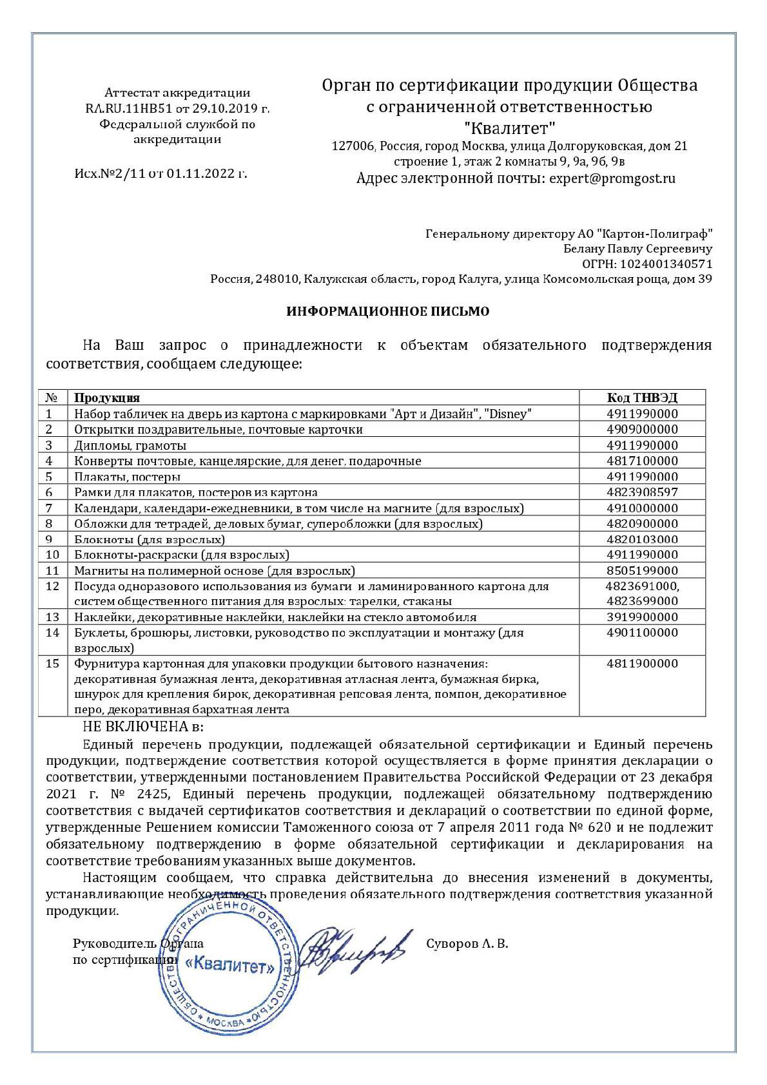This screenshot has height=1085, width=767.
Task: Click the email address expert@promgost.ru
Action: tap(612, 178)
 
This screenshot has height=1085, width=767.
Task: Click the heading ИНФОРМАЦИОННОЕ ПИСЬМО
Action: tap(388, 312)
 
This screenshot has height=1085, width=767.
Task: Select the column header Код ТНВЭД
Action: tap(642, 398)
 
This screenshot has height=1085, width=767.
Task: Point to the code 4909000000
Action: tap(642, 429)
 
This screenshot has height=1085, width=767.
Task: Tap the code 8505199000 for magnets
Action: tap(642, 570)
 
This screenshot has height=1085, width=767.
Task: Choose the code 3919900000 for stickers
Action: tap(642, 617)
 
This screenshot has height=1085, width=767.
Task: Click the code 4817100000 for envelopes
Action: tap(642, 461)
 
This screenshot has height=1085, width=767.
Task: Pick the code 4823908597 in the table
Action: tap(642, 492)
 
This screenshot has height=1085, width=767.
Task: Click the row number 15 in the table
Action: tap(53, 664)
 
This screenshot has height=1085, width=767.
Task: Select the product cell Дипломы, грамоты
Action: tap(130, 445)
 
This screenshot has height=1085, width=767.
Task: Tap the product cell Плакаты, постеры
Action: tap(127, 477)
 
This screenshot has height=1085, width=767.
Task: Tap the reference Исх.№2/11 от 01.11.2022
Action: tap(160, 173)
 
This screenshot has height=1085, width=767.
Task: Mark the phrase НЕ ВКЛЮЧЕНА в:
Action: tap(142, 727)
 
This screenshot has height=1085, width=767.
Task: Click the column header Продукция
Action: tap(107, 398)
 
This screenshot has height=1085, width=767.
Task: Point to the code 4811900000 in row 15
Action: tap(642, 664)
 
